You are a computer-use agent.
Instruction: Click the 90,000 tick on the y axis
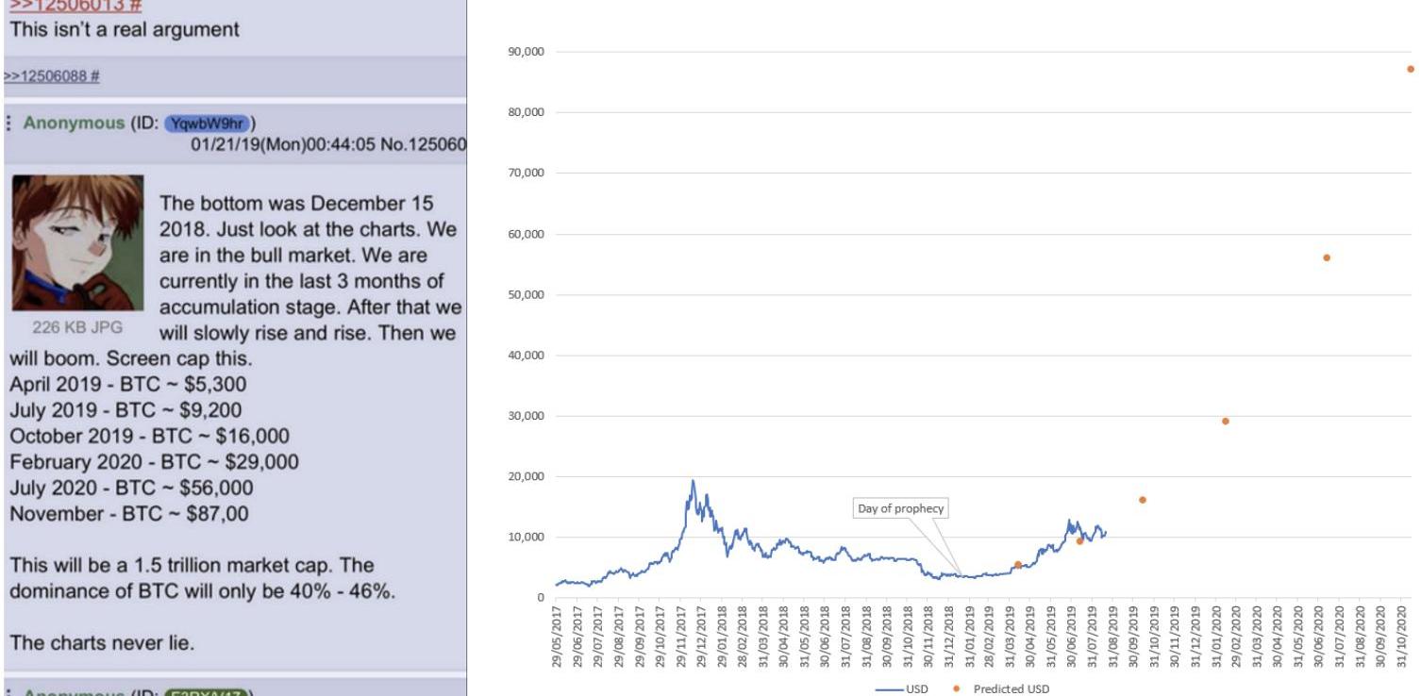[527, 52]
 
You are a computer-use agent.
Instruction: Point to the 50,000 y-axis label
[527, 295]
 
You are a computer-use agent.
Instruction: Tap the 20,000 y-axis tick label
[527, 477]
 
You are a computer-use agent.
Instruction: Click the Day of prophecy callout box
[900, 509]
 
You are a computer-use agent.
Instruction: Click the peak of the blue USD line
[693, 481]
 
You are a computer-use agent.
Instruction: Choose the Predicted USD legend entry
[1010, 688]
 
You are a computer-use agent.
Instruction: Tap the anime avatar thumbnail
[77, 242]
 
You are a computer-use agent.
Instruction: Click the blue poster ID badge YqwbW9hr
[205, 124]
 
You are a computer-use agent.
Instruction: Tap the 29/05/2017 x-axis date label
[557, 637]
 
